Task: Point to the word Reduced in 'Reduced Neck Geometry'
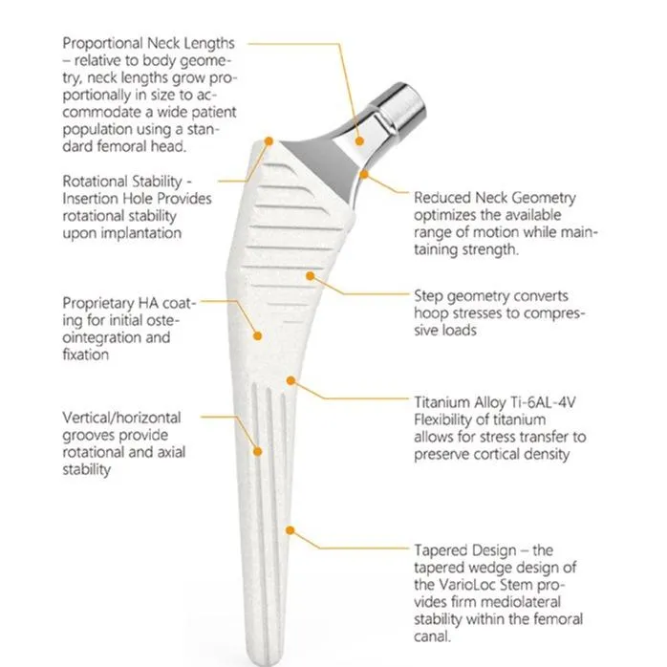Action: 441,198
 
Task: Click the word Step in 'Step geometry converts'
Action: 429,296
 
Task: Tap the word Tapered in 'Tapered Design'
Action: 441,551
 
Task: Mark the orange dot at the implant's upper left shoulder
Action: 269,141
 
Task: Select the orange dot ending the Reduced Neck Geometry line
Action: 366,174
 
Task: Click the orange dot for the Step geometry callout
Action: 309,275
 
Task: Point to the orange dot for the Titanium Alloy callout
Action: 290,381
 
